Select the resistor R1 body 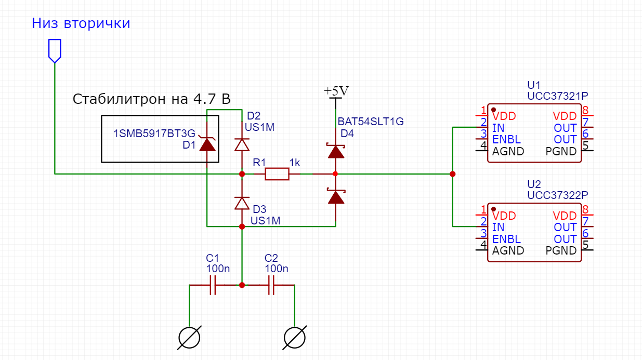[x=277, y=174]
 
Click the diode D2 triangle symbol [x=242, y=144]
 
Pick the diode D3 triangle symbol [x=242, y=203]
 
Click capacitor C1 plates [x=213, y=285]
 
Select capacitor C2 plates [x=271, y=285]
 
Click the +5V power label [x=336, y=91]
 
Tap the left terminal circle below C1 [x=189, y=338]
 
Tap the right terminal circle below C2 [x=295, y=338]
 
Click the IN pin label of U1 [x=498, y=128]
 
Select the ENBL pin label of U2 [x=506, y=239]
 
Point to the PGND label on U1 [x=561, y=151]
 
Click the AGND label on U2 [x=508, y=250]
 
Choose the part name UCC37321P [x=557, y=96]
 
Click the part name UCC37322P [x=557, y=195]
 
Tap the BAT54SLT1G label [x=371, y=122]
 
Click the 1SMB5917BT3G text [x=154, y=134]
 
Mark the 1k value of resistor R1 [x=294, y=163]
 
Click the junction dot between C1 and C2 [x=242, y=285]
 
